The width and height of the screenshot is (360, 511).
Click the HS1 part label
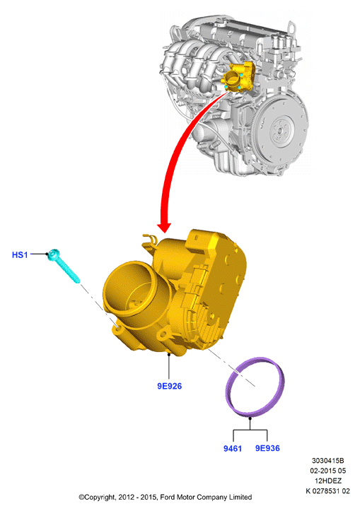pos(20,254)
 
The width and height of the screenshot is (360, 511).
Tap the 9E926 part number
pos(169,386)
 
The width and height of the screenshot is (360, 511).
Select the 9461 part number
pos(233,448)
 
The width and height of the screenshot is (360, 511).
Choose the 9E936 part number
pos(267,448)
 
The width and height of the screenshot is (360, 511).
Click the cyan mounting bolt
pos(64,266)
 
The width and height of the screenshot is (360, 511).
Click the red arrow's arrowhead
pos(164,227)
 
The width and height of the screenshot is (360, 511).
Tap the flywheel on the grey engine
pos(281,128)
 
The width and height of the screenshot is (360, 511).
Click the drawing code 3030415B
pos(327,461)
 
